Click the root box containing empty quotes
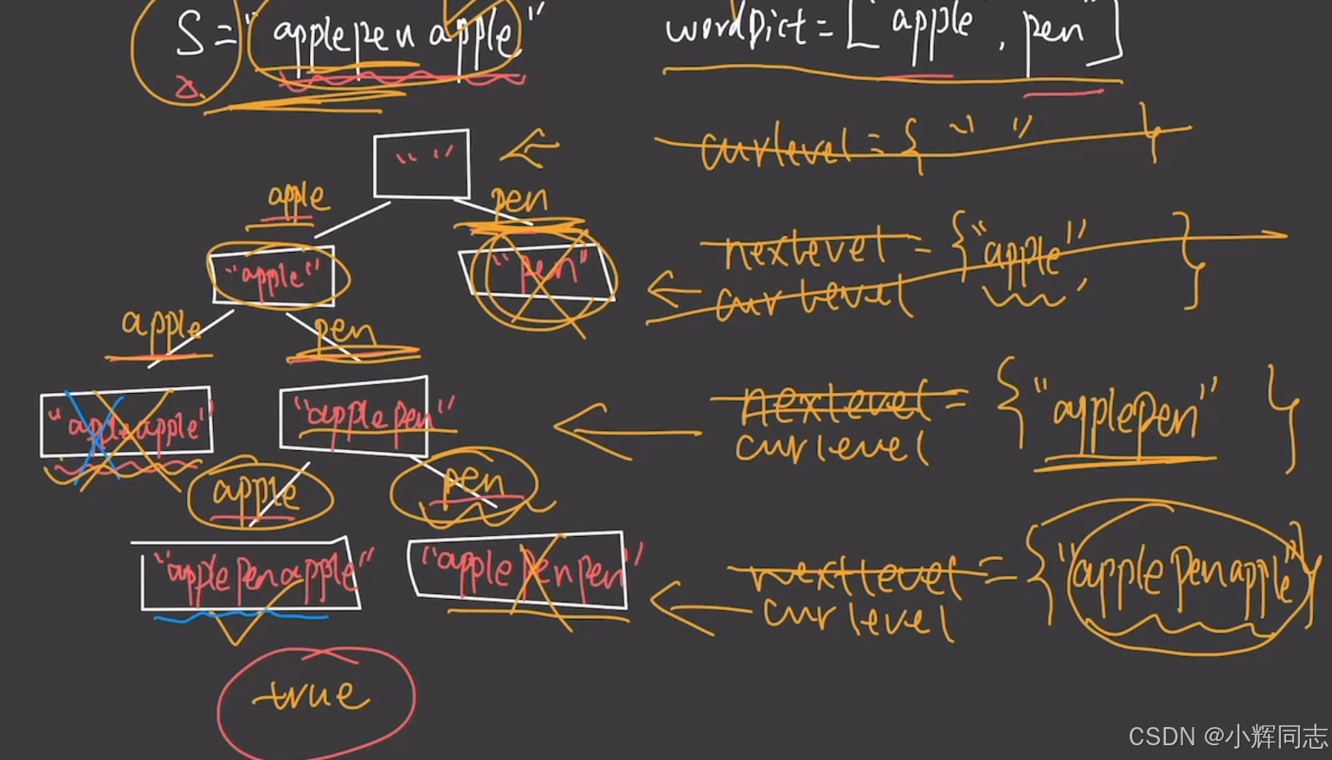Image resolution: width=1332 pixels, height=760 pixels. (421, 164)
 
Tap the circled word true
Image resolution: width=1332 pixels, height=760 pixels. (315, 696)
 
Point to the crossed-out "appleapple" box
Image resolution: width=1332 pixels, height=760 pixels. (126, 422)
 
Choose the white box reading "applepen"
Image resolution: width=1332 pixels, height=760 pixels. (354, 416)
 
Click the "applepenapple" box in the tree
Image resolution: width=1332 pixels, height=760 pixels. (251, 574)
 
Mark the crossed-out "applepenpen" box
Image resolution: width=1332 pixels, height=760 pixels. (518, 567)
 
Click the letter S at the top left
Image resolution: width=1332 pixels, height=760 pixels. (190, 36)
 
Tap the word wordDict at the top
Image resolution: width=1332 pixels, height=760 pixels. (736, 29)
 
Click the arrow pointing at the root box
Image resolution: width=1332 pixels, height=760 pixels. (528, 149)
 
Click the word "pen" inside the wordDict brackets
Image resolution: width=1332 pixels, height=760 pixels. (1053, 33)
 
